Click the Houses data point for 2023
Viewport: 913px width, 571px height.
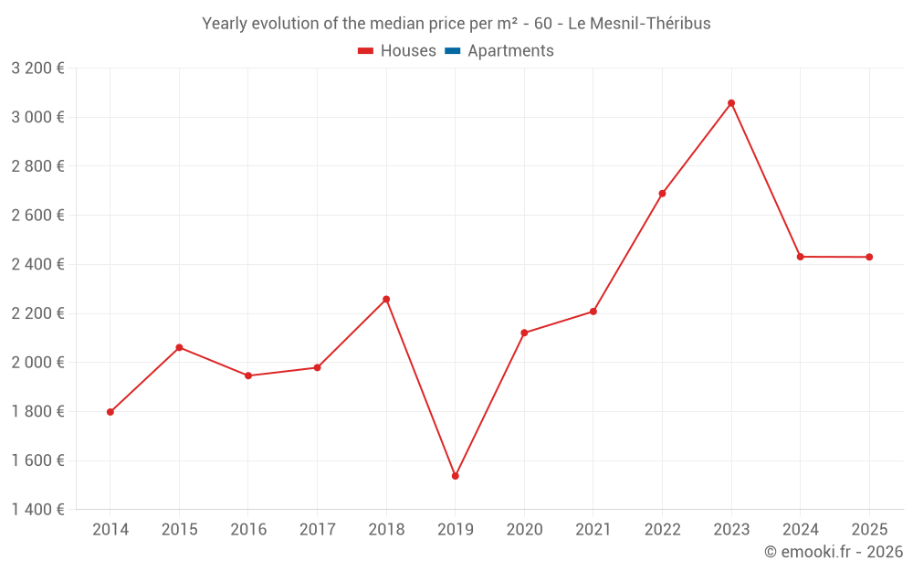(x=731, y=103)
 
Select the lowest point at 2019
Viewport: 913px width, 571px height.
(x=455, y=476)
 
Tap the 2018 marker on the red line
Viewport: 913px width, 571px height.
(x=386, y=300)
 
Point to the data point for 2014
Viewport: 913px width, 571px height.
(x=110, y=412)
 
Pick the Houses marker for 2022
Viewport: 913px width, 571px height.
(x=662, y=194)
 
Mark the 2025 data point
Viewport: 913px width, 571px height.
(x=869, y=257)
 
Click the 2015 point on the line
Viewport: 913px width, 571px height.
(x=179, y=347)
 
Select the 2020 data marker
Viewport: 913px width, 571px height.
(x=524, y=333)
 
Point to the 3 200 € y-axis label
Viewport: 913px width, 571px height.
(x=37, y=68)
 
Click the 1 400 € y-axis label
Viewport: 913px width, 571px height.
(x=37, y=510)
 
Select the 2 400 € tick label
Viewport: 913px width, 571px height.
(x=37, y=264)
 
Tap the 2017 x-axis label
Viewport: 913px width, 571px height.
(x=317, y=530)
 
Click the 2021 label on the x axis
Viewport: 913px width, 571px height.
(x=593, y=530)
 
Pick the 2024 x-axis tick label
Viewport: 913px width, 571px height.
(x=800, y=530)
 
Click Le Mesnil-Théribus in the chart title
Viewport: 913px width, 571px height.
(x=639, y=24)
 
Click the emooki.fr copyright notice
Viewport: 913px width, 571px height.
(x=834, y=552)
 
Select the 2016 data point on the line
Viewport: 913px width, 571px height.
(x=248, y=375)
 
